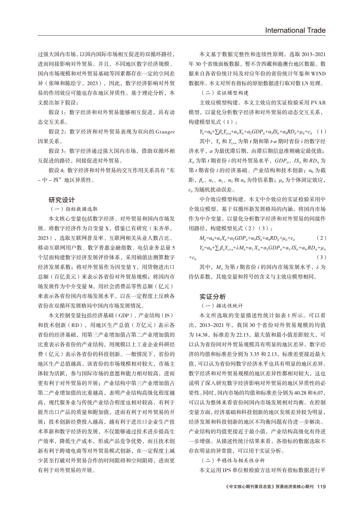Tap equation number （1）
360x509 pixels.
point(321,131)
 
